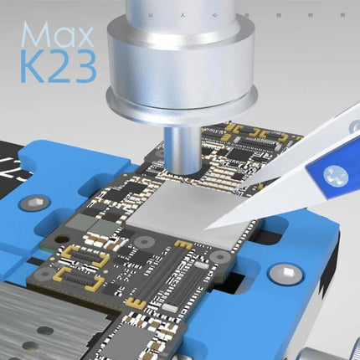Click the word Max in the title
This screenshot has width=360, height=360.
pos(52,35)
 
